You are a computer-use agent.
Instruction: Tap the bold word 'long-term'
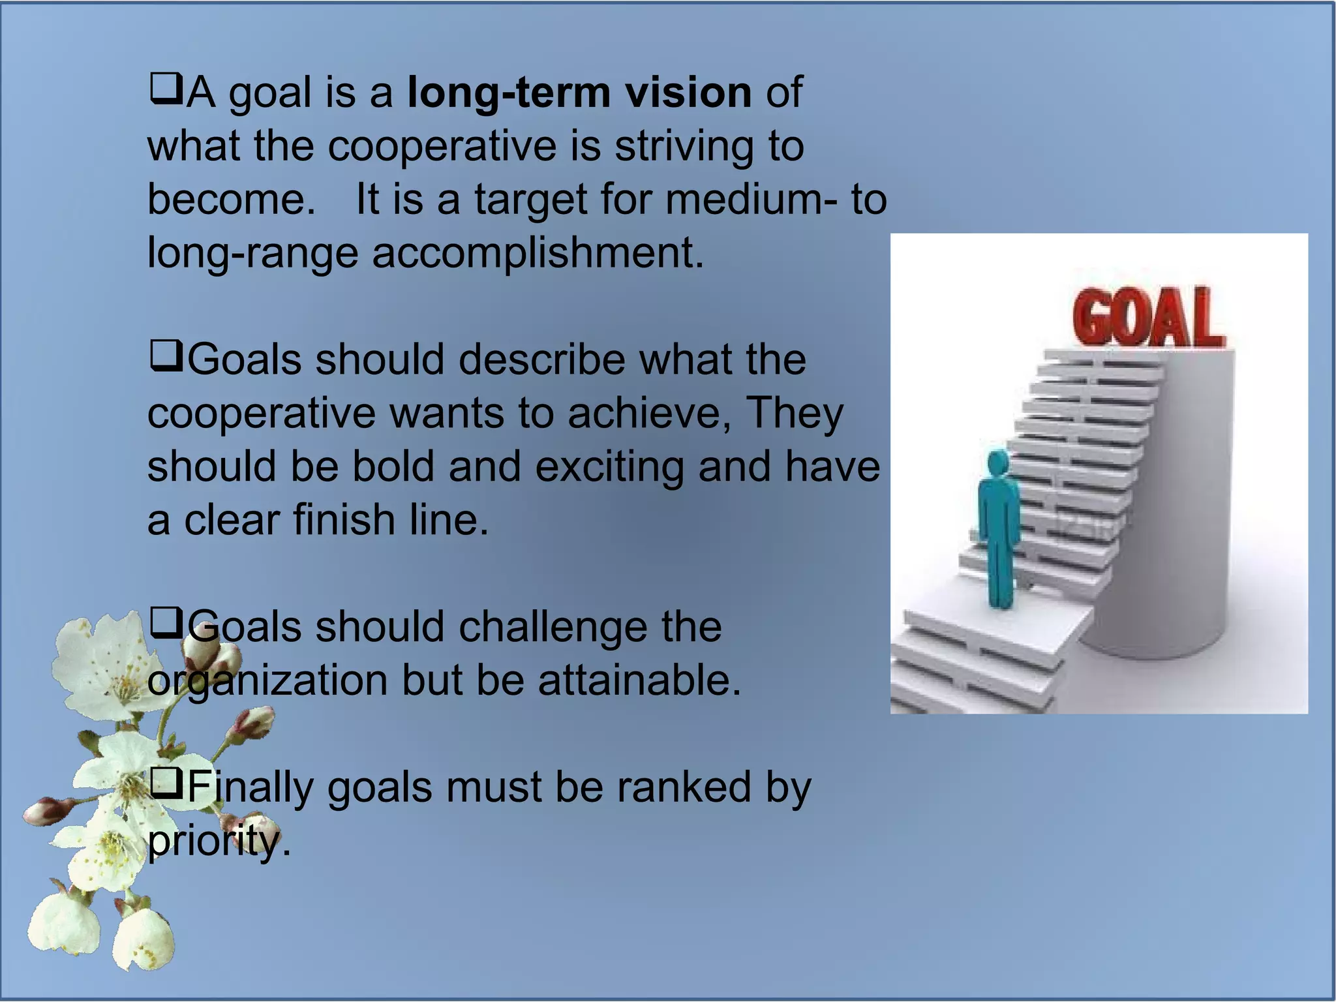tap(509, 93)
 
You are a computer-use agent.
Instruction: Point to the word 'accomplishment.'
tap(538, 252)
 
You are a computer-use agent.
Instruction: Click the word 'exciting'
tap(609, 467)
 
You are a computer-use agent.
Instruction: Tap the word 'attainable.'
tap(639, 680)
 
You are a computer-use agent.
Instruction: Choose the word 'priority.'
tap(219, 842)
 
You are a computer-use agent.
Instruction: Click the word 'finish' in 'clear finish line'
tap(344, 520)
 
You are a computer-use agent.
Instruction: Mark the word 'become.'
tap(231, 199)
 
